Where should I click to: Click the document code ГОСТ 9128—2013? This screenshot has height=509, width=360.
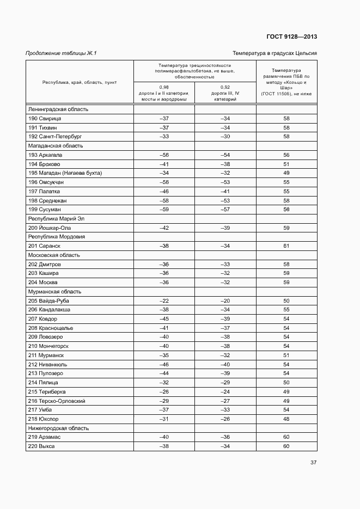(x=291, y=36)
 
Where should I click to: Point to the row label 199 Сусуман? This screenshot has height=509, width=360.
(x=44, y=210)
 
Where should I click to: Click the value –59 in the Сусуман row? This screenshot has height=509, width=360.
(x=164, y=210)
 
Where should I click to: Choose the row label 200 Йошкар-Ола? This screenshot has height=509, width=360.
(x=49, y=228)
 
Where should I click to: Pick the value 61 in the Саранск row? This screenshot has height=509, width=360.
(x=286, y=246)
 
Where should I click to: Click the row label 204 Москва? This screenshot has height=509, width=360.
(x=42, y=283)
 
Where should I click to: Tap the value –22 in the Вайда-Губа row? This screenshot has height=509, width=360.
(x=164, y=301)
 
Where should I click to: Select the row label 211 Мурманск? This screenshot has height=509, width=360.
(x=46, y=355)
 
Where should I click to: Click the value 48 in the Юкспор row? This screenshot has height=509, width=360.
(x=286, y=419)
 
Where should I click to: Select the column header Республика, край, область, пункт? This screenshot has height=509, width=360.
(x=80, y=82)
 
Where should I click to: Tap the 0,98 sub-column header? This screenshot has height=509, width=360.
(x=164, y=93)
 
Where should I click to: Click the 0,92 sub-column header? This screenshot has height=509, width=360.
(x=225, y=93)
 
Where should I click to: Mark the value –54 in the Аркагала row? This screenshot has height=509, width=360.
(x=225, y=155)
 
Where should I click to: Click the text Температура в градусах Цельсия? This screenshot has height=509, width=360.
(x=274, y=53)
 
